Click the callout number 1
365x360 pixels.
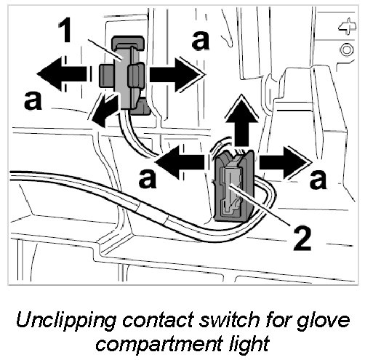(x=65, y=31)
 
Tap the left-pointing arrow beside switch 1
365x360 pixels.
(x=62, y=74)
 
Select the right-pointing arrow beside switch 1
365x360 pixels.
(x=177, y=73)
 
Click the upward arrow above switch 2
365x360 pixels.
(x=241, y=121)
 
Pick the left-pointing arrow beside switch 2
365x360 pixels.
(x=180, y=161)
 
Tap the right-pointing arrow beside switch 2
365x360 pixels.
(x=285, y=161)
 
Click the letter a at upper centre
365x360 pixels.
(x=201, y=41)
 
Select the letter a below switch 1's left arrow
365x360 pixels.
(x=33, y=101)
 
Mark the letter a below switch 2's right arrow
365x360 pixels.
(x=318, y=180)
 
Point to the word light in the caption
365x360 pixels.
(x=249, y=343)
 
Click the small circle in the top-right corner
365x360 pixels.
(x=347, y=50)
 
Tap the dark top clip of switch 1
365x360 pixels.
(x=128, y=42)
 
